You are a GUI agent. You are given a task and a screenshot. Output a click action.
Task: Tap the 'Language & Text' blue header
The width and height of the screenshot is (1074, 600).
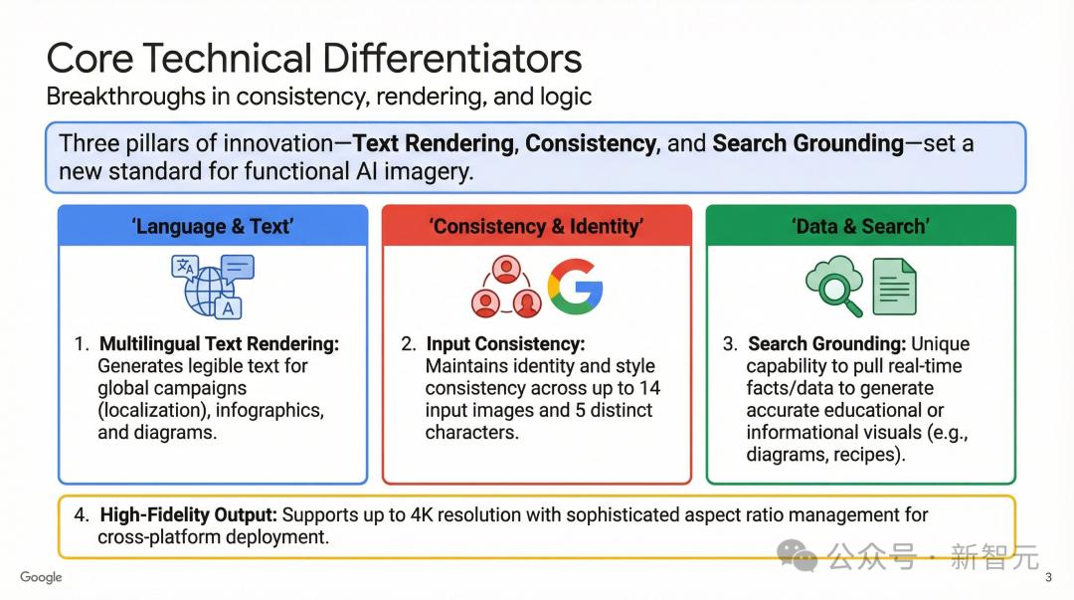[x=213, y=226]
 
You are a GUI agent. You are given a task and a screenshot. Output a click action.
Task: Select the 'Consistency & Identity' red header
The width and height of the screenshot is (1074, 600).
[x=536, y=226]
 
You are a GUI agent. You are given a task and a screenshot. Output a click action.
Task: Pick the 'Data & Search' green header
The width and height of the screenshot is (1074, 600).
[x=860, y=226]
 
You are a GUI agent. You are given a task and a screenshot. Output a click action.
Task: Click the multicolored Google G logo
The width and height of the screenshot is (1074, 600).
[x=576, y=287]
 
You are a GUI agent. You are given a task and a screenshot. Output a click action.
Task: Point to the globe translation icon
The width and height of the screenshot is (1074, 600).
[x=213, y=286]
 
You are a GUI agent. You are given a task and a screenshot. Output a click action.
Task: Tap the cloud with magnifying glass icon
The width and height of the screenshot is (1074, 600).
[x=833, y=286]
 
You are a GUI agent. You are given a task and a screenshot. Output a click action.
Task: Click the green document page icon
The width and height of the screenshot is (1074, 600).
[x=895, y=287]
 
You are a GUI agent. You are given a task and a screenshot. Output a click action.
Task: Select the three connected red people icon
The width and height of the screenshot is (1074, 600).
[x=506, y=287]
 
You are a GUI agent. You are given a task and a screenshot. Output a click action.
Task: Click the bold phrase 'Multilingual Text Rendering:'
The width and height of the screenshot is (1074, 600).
[x=219, y=343]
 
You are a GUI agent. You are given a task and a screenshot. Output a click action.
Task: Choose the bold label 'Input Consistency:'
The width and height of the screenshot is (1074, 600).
[x=505, y=343]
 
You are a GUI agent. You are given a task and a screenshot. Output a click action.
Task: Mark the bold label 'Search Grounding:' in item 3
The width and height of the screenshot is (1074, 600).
[x=826, y=343]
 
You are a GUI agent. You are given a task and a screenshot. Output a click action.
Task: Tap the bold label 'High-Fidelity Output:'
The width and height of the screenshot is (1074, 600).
[x=188, y=515]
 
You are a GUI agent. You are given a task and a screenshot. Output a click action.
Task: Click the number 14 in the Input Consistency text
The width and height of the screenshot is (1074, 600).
[x=649, y=388]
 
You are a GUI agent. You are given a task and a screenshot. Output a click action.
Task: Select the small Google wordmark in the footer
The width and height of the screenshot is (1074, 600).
[x=41, y=577]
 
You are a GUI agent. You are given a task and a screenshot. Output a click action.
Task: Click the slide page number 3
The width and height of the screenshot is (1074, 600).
[x=1049, y=577]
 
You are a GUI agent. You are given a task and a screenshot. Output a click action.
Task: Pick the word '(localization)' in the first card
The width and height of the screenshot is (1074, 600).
[x=153, y=410]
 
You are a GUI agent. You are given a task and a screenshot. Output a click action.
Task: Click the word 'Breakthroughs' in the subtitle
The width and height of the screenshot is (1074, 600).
[x=126, y=97]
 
